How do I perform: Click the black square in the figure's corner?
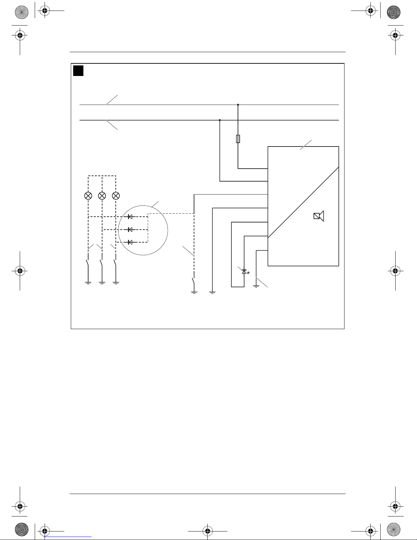coord(78,71)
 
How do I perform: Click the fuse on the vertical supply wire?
coord(238,139)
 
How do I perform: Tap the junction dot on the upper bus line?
coord(238,105)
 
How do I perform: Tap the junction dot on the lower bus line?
coord(220,120)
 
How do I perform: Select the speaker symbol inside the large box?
coord(319,216)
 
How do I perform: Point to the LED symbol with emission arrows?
coord(244,272)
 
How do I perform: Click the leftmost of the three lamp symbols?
coord(88,196)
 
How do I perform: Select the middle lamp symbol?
coord(102,196)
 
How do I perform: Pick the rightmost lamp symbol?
coord(116,196)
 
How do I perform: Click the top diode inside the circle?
coord(130,217)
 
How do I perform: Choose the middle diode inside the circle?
coord(130,230)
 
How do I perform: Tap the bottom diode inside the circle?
coord(130,242)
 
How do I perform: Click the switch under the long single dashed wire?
coord(193,282)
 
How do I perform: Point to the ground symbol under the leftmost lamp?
coord(88,283)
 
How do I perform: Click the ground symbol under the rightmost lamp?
coord(116,283)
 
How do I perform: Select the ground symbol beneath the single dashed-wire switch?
coord(194,292)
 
